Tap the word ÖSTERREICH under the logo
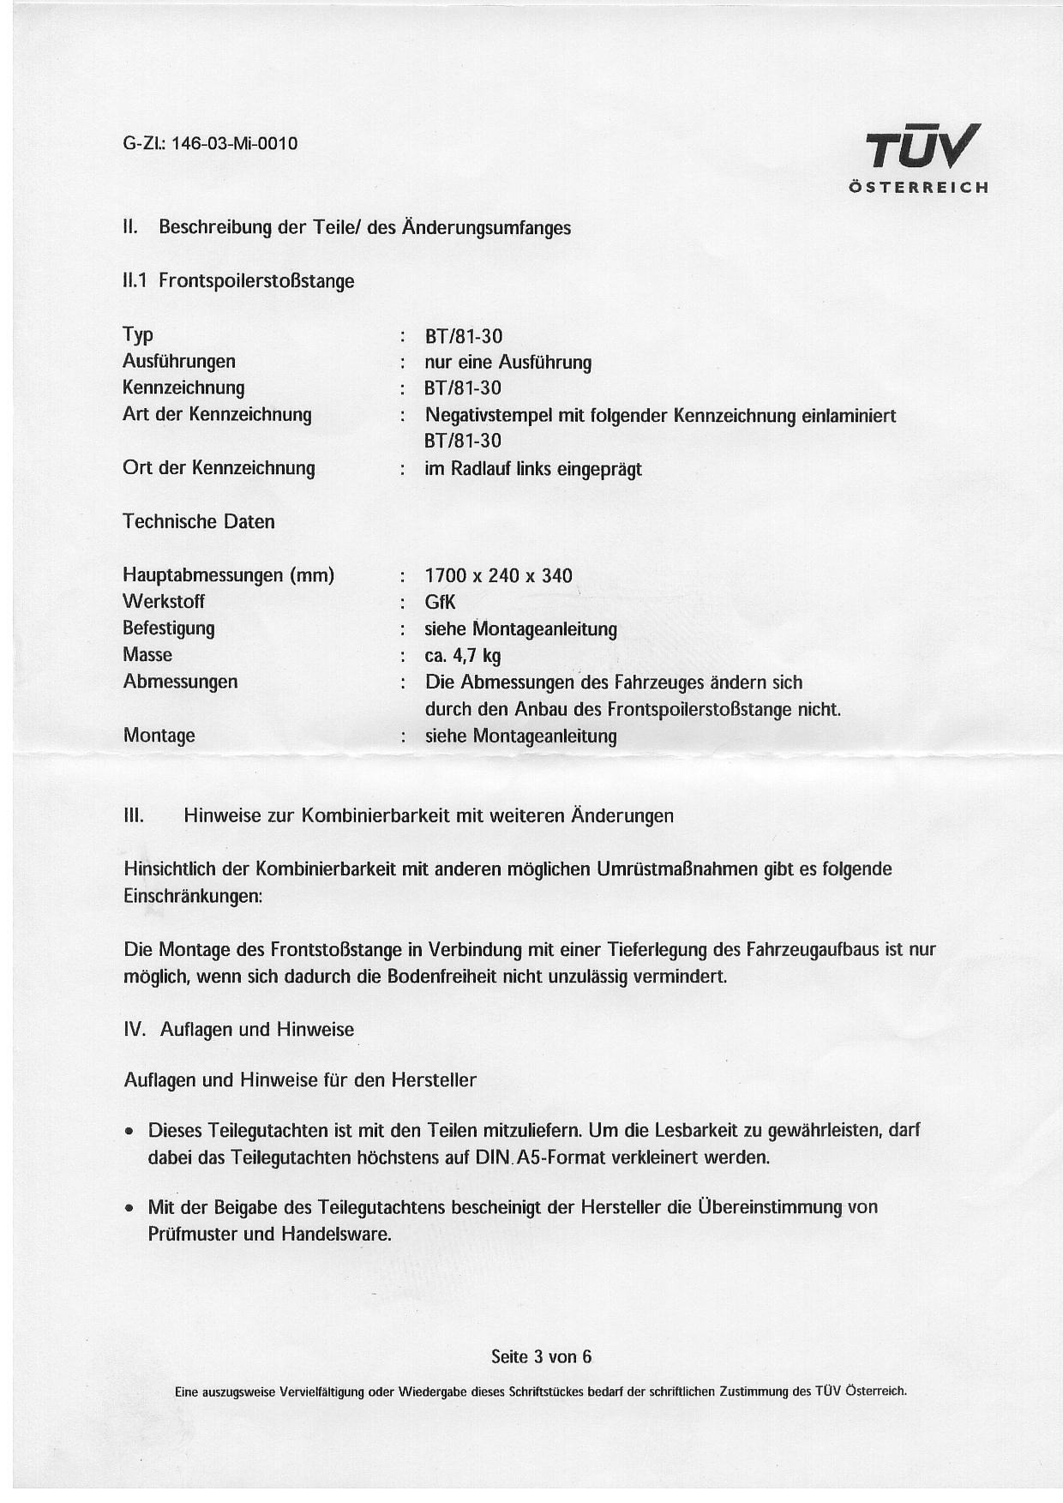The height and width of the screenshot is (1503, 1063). [918, 188]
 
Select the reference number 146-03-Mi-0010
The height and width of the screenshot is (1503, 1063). [235, 143]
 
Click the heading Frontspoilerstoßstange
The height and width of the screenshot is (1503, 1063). [256, 281]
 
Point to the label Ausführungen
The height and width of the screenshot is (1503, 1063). [178, 361]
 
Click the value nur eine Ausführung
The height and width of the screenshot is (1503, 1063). [507, 363]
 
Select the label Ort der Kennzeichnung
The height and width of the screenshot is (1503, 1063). [219, 468]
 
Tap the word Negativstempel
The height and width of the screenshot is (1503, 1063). [489, 416]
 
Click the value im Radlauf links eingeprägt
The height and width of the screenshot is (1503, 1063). [532, 469]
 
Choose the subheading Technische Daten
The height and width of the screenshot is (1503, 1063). [199, 521]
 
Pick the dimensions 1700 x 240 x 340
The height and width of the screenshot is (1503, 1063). [498, 575]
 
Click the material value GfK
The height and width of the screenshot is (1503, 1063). [440, 602]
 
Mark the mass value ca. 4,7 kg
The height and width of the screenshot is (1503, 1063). [463, 656]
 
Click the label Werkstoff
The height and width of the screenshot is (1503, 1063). [164, 602]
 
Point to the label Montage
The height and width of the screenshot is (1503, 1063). [159, 736]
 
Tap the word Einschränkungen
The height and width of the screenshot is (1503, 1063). [193, 896]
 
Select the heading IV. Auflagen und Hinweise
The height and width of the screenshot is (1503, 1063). [239, 1030]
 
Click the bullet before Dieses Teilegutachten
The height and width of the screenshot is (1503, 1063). [129, 1132]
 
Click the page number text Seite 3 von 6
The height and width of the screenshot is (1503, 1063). [541, 1356]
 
